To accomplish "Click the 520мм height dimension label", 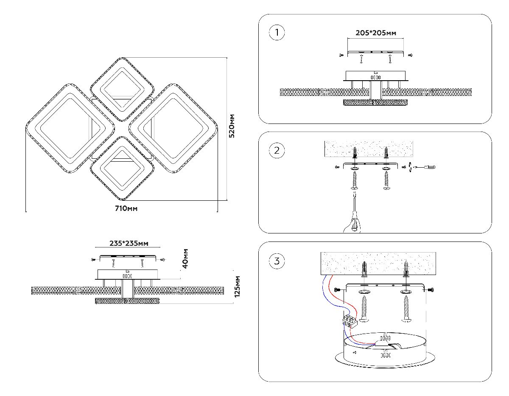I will point(232,126).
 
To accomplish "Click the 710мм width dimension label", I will point(126,209).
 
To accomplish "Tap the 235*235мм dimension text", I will point(129,244).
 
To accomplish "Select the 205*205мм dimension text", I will point(376,33).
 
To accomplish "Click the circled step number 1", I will point(277,33).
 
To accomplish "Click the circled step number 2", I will point(277,150).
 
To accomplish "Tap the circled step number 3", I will point(277,261).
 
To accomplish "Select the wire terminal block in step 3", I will point(349,321).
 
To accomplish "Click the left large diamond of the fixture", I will point(70,128).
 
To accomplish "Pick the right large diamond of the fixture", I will point(174,128).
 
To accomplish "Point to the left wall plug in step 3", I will point(364,270).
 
